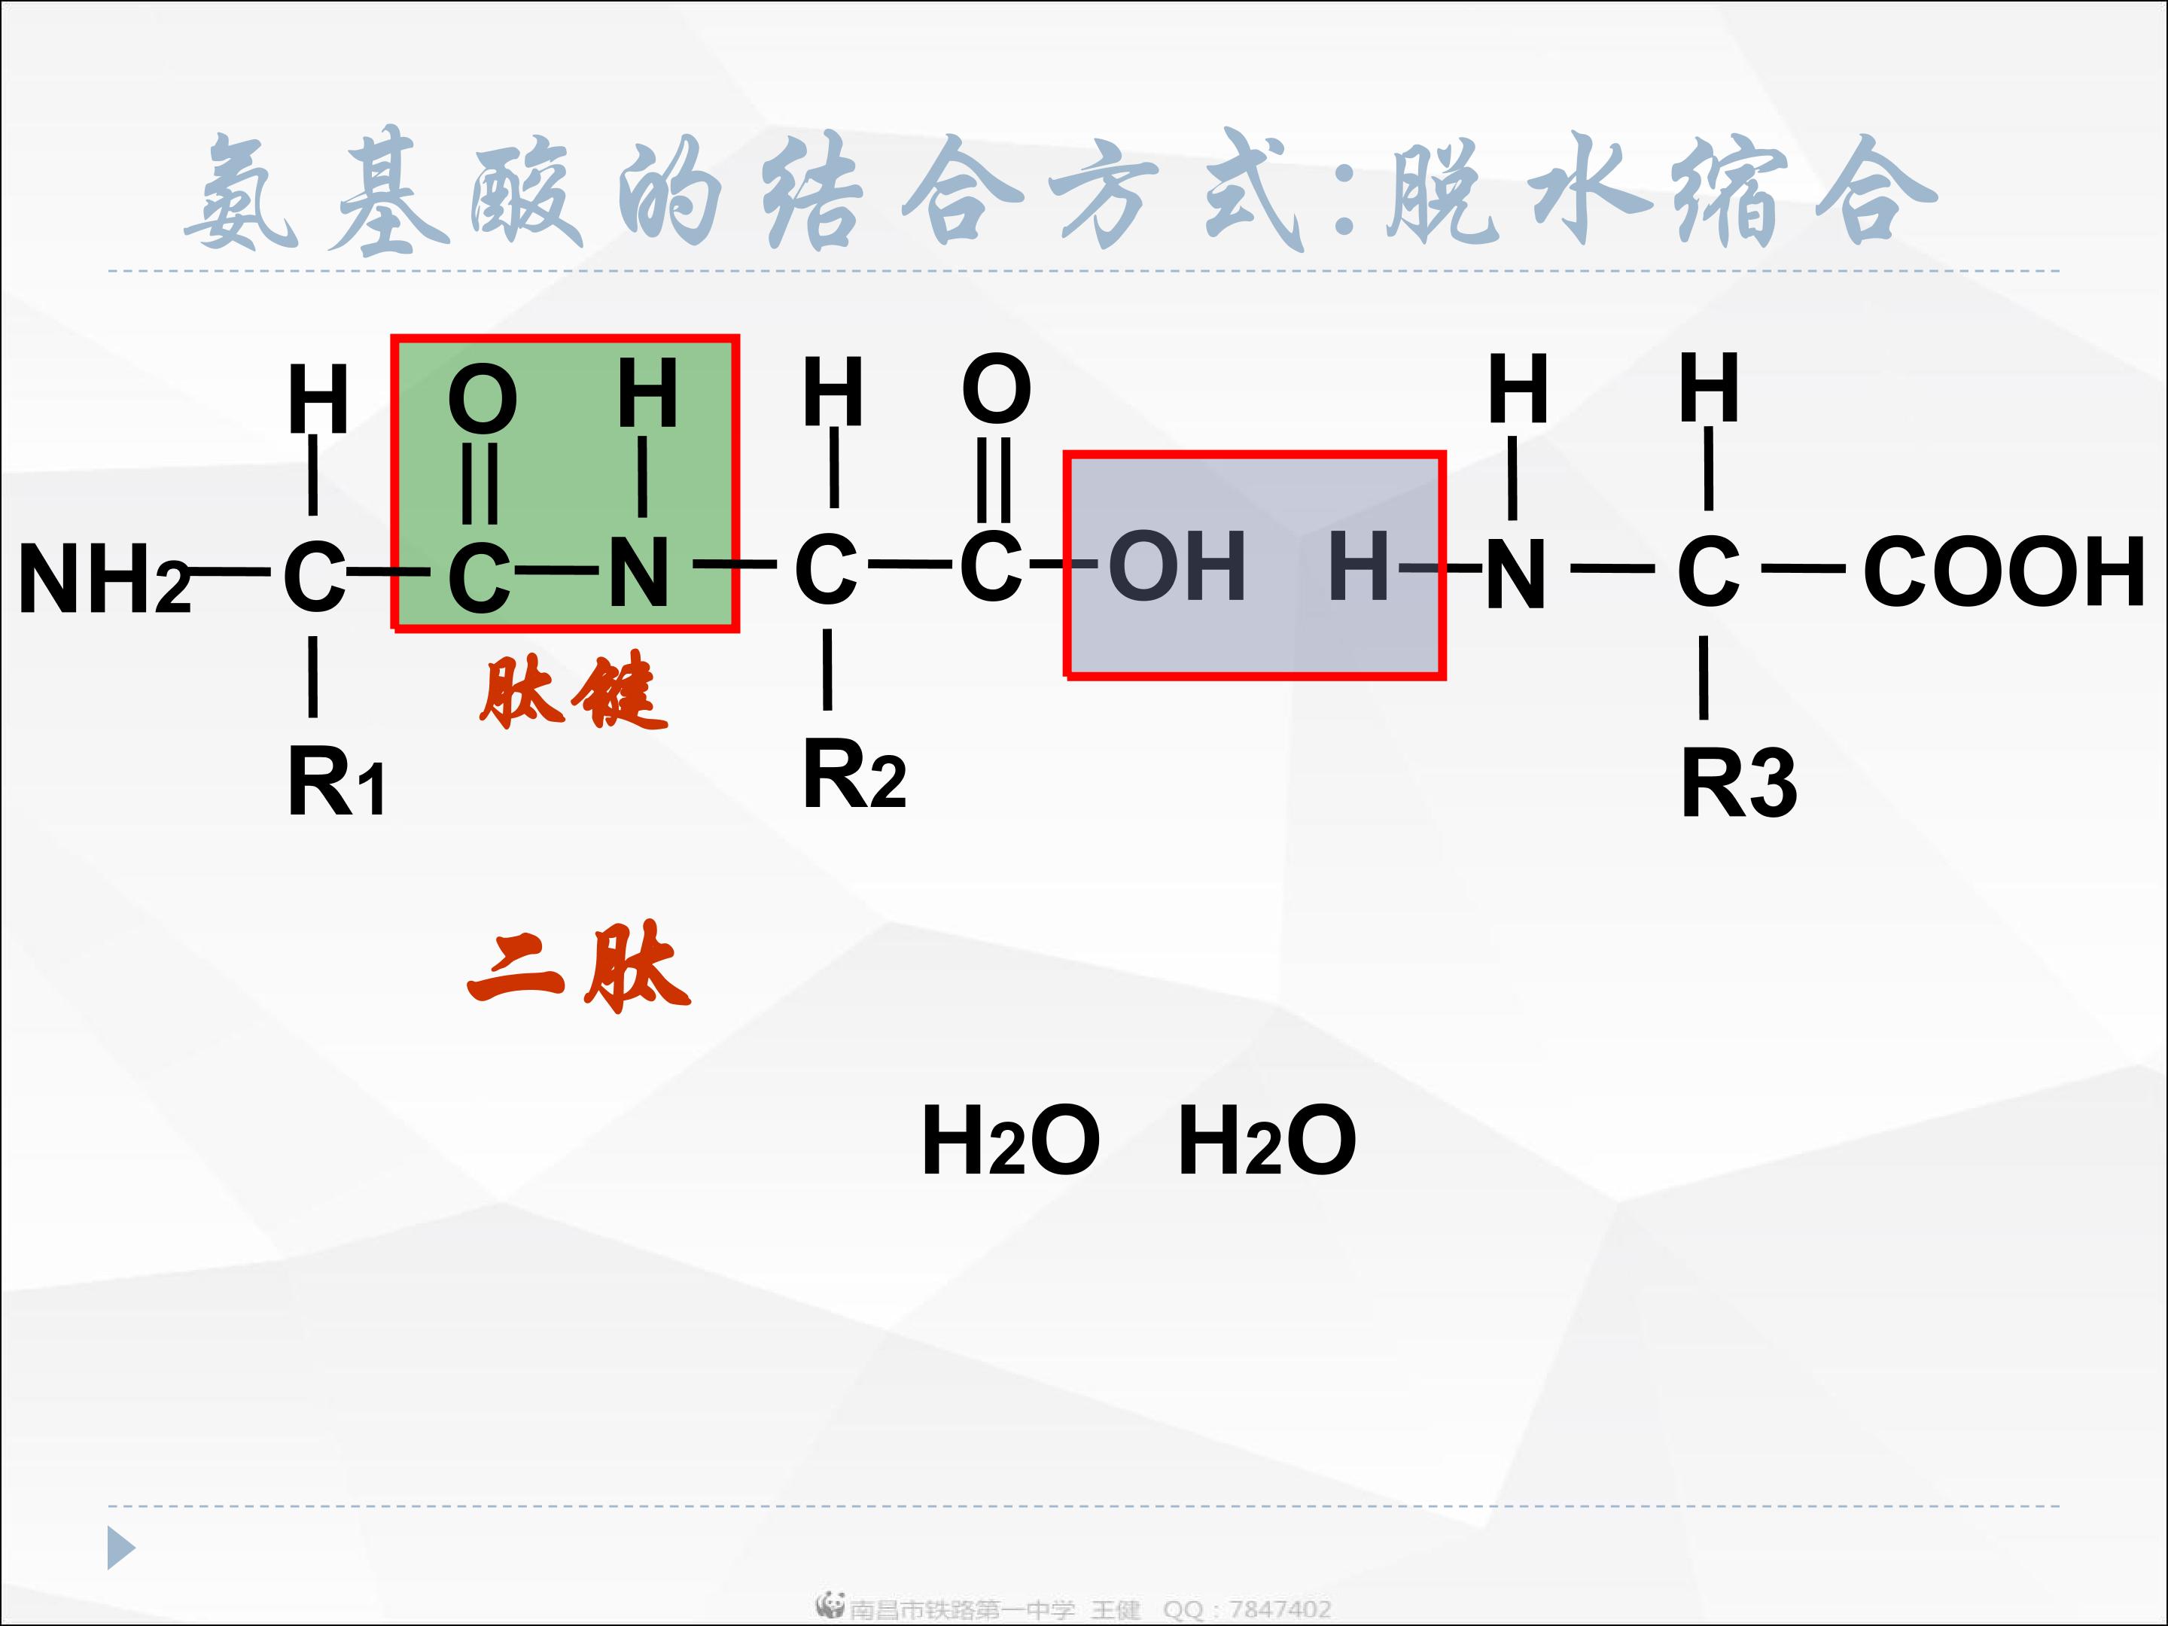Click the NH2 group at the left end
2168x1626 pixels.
coord(103,578)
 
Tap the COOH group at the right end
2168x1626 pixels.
coord(2003,571)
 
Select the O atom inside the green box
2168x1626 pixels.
coord(483,399)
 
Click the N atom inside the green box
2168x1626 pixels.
coord(639,574)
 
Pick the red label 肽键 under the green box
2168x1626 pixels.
coord(574,692)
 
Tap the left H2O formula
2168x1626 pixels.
coord(1009,1139)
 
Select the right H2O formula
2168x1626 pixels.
coord(1266,1139)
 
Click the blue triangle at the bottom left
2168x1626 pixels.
coord(120,1548)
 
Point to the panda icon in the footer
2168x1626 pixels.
coord(830,1603)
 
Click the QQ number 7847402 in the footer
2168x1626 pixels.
coord(1279,1609)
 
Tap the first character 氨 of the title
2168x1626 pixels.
coord(241,191)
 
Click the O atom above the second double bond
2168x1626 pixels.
coord(996,389)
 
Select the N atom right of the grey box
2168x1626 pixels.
coord(1515,574)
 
